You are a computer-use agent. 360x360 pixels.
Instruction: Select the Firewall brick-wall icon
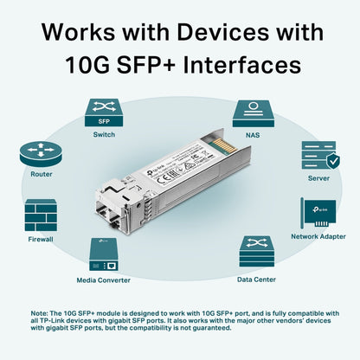pyautogui.click(x=41, y=215)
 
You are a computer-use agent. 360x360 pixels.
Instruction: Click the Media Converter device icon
pyautogui.click(x=104, y=254)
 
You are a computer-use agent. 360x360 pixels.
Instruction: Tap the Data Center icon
pyautogui.click(x=257, y=254)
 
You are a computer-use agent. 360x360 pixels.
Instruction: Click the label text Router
pyautogui.click(x=41, y=174)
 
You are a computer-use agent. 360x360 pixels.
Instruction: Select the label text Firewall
pyautogui.click(x=41, y=238)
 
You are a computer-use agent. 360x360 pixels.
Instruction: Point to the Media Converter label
pyautogui.click(x=104, y=280)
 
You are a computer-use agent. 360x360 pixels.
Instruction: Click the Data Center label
pyautogui.click(x=257, y=280)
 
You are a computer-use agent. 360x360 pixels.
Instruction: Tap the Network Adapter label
pyautogui.click(x=317, y=235)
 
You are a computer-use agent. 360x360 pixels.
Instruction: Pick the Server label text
pyautogui.click(x=318, y=177)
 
